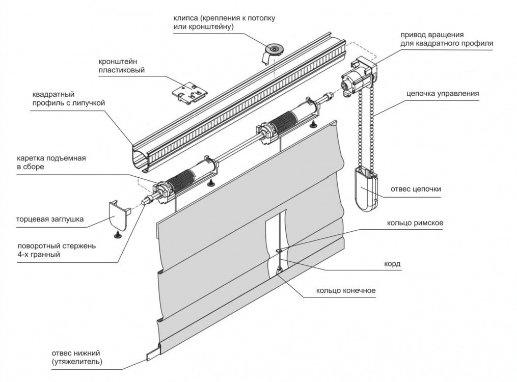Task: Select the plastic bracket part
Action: [191, 94]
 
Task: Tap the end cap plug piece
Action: [118, 215]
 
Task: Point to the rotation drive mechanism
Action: [359, 77]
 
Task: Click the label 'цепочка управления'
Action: [443, 94]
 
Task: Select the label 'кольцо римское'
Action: [415, 223]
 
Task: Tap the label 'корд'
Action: [392, 264]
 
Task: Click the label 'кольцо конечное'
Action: [346, 291]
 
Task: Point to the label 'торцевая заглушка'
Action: [50, 219]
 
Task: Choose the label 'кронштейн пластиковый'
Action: [122, 66]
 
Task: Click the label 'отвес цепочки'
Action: [416, 189]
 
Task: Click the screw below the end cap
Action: [117, 235]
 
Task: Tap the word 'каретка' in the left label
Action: [31, 158]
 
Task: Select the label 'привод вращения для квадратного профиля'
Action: [447, 39]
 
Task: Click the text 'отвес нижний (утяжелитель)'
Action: [77, 358]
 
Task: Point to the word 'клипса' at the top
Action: [185, 18]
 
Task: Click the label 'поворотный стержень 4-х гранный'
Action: [57, 250]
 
